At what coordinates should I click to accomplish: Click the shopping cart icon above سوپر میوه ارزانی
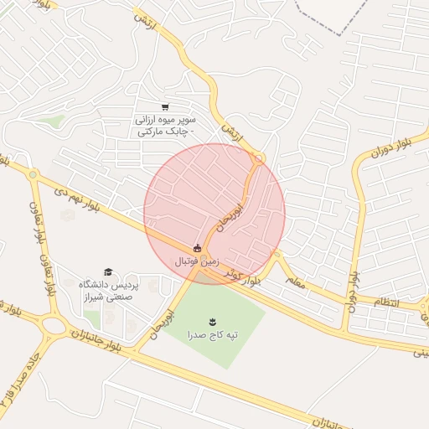click(166, 107)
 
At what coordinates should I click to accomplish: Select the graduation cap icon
click(108, 272)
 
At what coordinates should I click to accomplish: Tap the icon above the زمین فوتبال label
click(197, 248)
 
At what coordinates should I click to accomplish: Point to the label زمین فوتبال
click(198, 262)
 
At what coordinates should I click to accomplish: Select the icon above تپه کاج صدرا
click(211, 320)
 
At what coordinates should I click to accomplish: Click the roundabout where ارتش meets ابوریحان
click(259, 158)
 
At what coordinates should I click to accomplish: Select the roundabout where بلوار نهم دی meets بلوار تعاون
click(33, 175)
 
